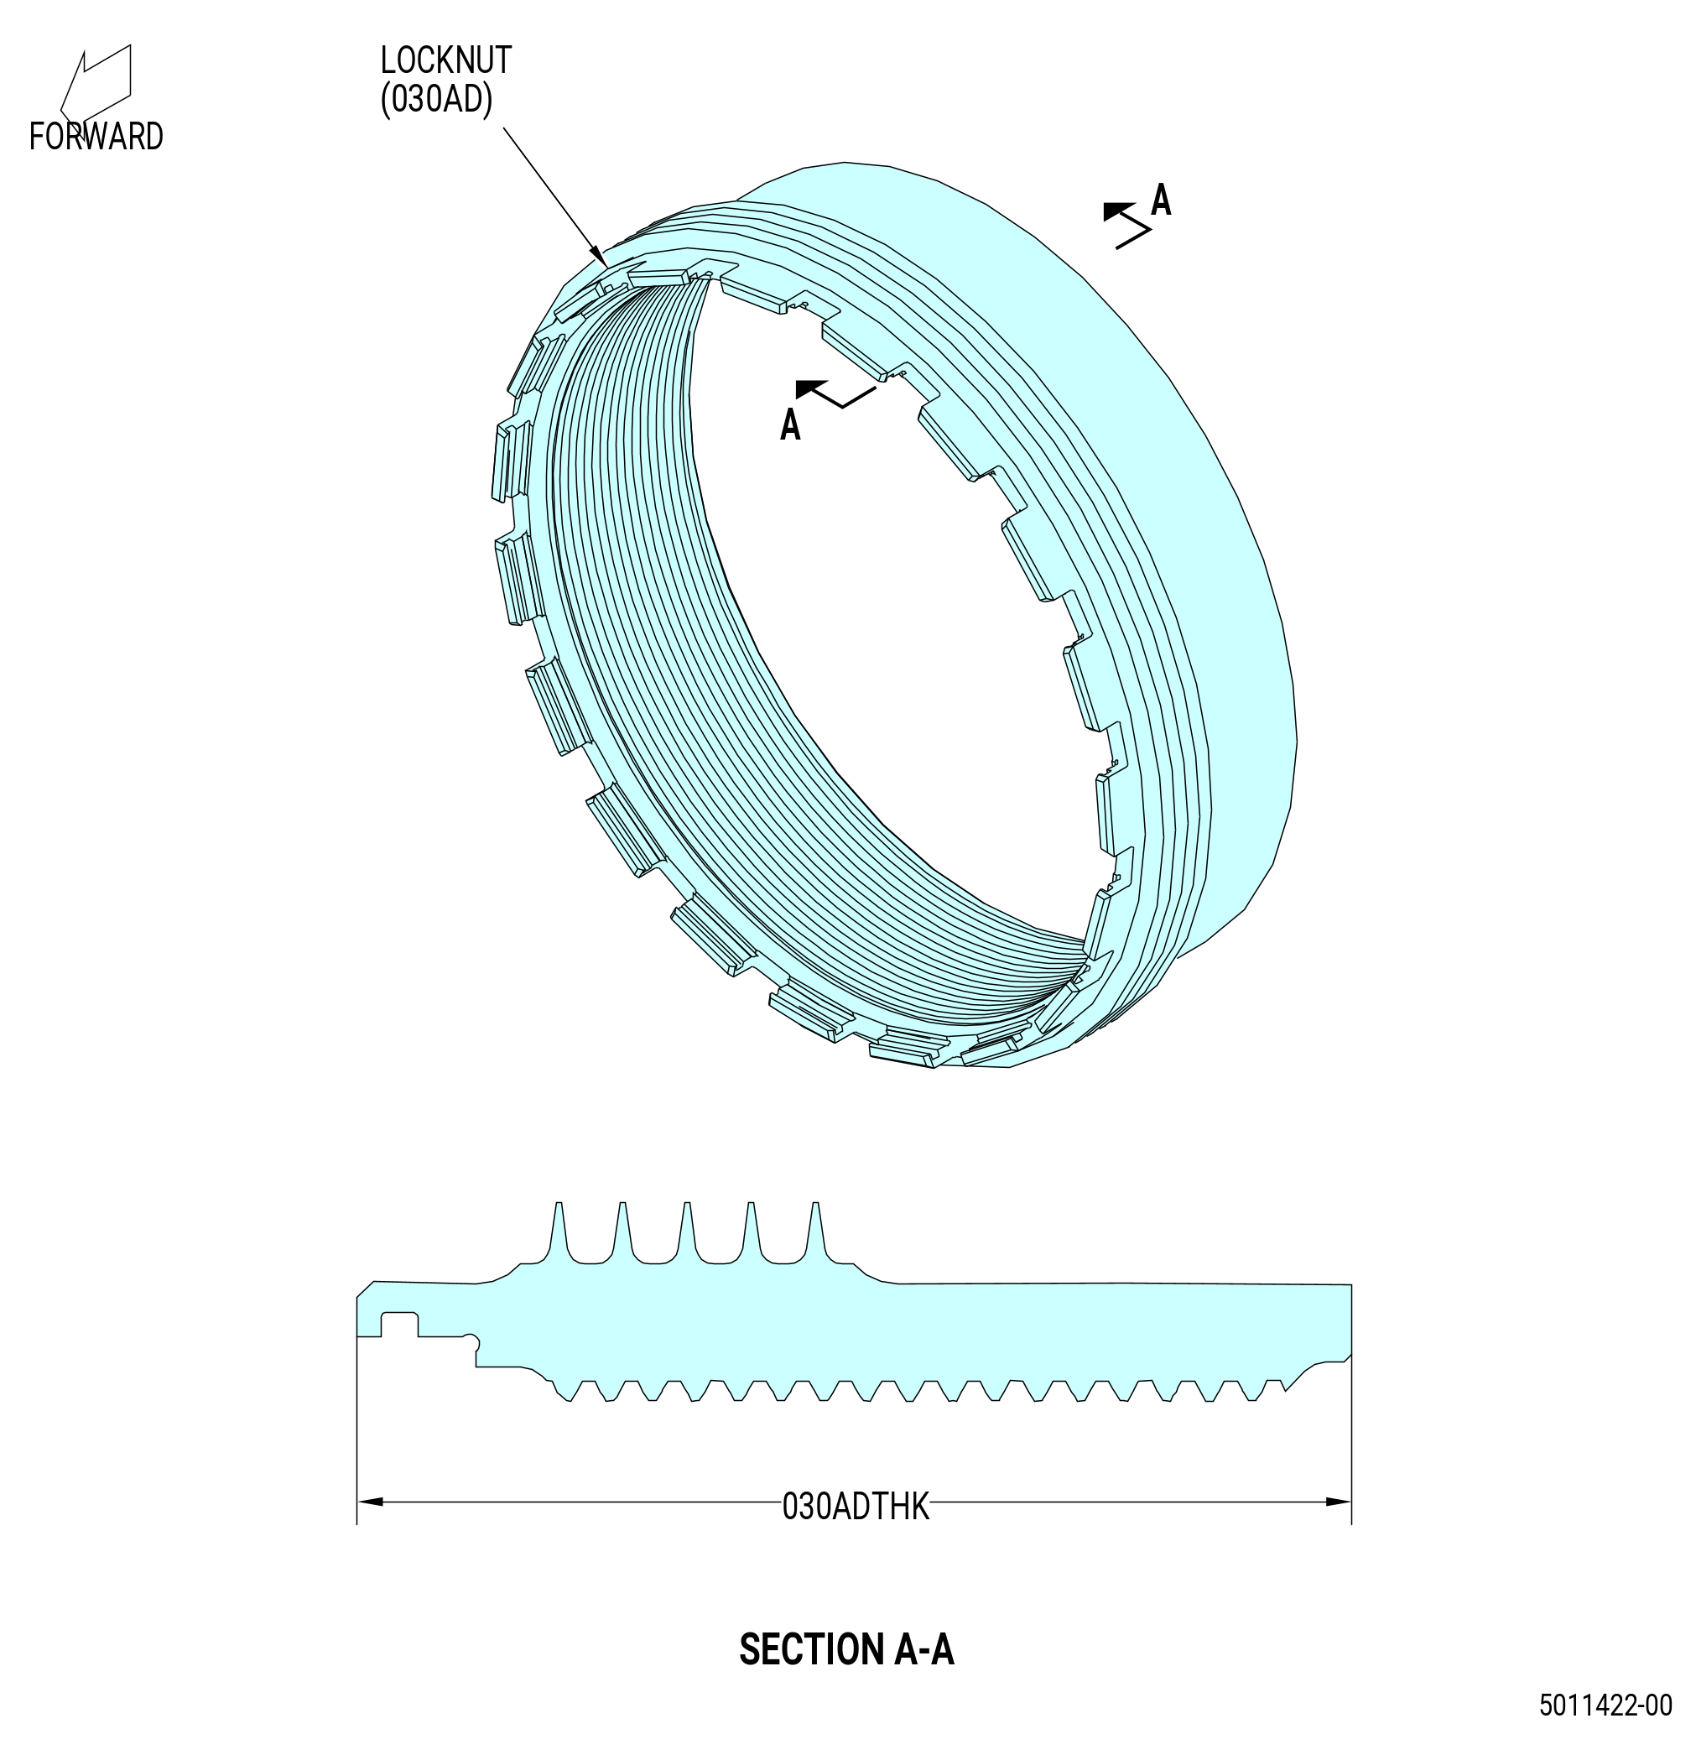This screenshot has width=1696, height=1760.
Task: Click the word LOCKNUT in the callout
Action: coord(445,60)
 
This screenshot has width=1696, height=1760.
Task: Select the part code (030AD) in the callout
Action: coord(437,100)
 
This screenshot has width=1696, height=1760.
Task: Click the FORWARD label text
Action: coord(96,137)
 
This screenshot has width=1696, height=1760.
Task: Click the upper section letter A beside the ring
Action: coord(1161,200)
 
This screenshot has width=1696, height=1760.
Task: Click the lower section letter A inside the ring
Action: coord(790,424)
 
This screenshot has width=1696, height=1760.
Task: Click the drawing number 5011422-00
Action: coord(1606,1731)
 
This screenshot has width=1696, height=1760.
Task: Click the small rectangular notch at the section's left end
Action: coord(399,1325)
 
